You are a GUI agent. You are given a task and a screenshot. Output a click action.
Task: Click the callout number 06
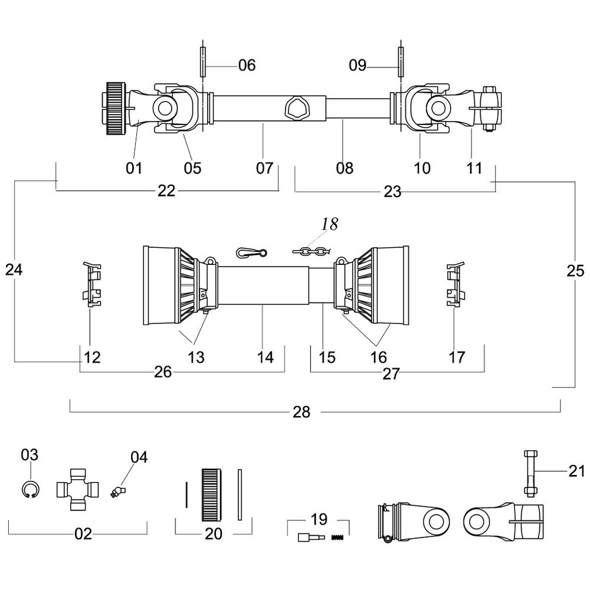[247, 65]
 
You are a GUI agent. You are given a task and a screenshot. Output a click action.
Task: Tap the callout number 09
[358, 65]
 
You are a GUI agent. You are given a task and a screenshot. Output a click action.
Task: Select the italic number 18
[330, 225]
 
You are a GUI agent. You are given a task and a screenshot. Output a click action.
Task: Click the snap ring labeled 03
[29, 490]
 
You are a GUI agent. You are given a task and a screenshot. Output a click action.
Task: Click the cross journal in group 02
[77, 490]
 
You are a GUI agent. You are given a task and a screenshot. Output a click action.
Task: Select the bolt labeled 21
[529, 474]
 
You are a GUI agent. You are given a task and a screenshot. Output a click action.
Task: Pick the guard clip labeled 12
[91, 285]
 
